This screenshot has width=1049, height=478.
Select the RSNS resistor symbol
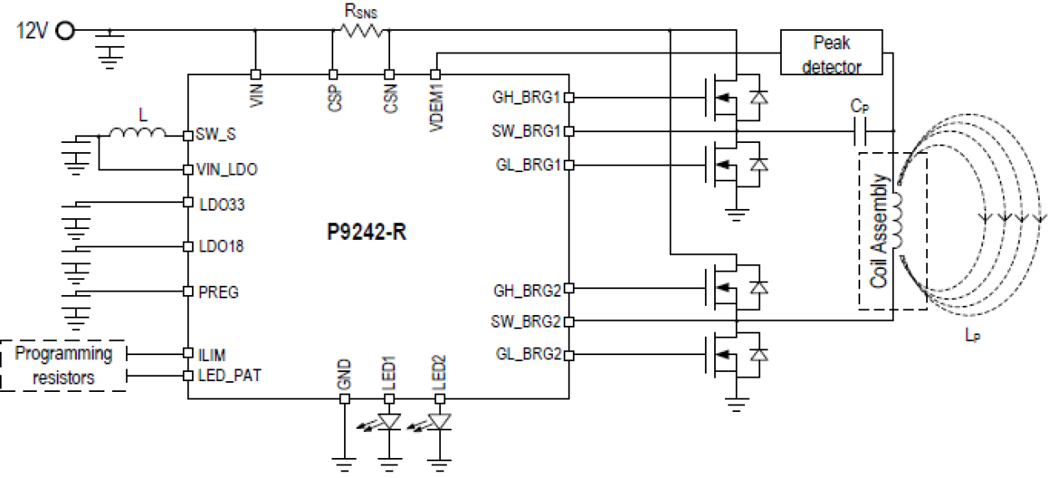(361, 30)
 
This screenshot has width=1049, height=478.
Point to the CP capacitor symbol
(860, 131)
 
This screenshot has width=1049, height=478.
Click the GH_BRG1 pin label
(527, 97)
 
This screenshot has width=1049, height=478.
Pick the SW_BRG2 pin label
(526, 321)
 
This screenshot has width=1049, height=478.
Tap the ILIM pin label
(213, 353)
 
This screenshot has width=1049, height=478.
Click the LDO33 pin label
(219, 203)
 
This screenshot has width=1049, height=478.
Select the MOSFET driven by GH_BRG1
(723, 98)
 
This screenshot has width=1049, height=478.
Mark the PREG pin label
(218, 292)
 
